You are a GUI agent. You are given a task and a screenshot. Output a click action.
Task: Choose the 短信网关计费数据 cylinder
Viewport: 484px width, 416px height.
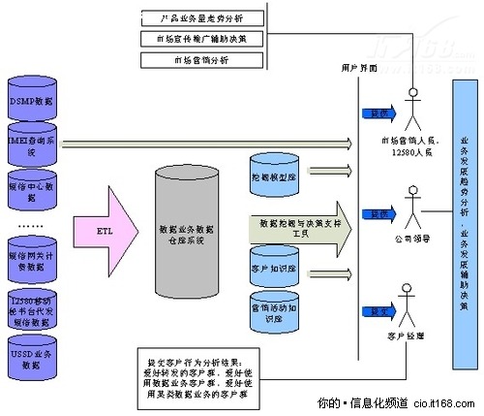[36, 257]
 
